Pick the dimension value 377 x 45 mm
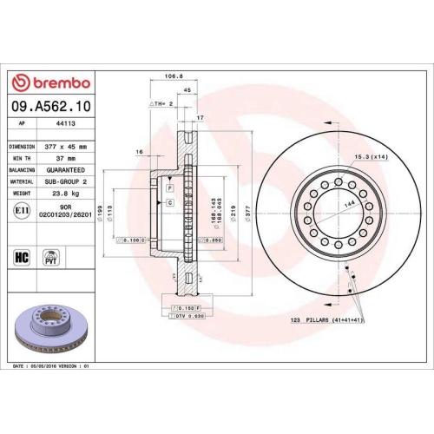(x=66, y=148)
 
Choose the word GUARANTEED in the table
(x=67, y=171)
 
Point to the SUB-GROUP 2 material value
(x=67, y=182)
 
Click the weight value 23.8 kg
(x=67, y=194)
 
